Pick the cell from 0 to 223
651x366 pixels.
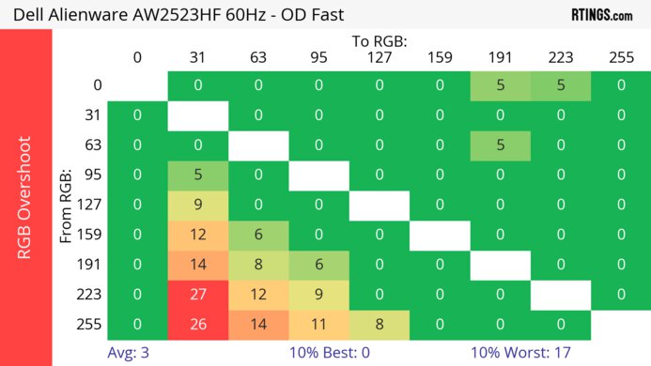point(560,85)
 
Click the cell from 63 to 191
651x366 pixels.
point(500,145)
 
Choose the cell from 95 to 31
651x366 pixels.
point(198,175)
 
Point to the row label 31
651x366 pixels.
point(91,115)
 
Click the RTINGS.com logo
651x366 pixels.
point(601,14)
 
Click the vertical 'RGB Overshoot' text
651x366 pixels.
point(26,197)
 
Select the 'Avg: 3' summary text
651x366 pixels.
point(127,354)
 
